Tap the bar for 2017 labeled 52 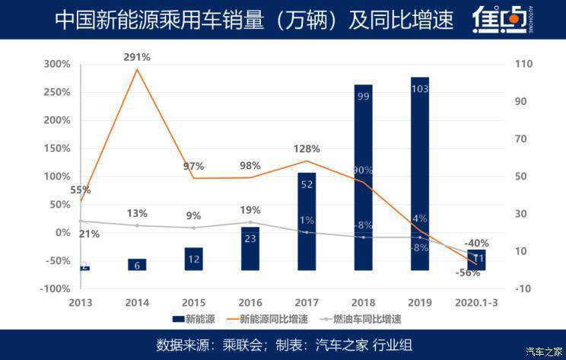307,221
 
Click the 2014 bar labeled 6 137,265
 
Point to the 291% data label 138,57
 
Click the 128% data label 307,149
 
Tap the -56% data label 469,272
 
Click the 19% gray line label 250,210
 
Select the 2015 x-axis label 194,303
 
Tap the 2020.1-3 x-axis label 476,303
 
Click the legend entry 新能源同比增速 266,319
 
